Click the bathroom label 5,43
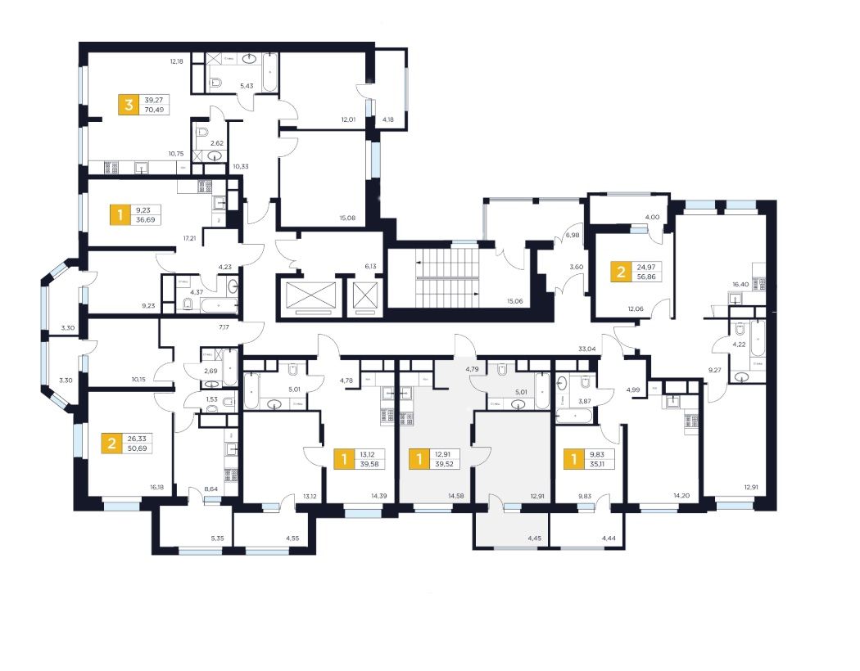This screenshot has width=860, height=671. click(247, 86)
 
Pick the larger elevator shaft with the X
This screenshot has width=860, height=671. click(308, 295)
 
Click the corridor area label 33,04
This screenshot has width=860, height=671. click(587, 349)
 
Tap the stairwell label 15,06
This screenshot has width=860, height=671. click(514, 300)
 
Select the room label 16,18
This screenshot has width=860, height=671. click(157, 487)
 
